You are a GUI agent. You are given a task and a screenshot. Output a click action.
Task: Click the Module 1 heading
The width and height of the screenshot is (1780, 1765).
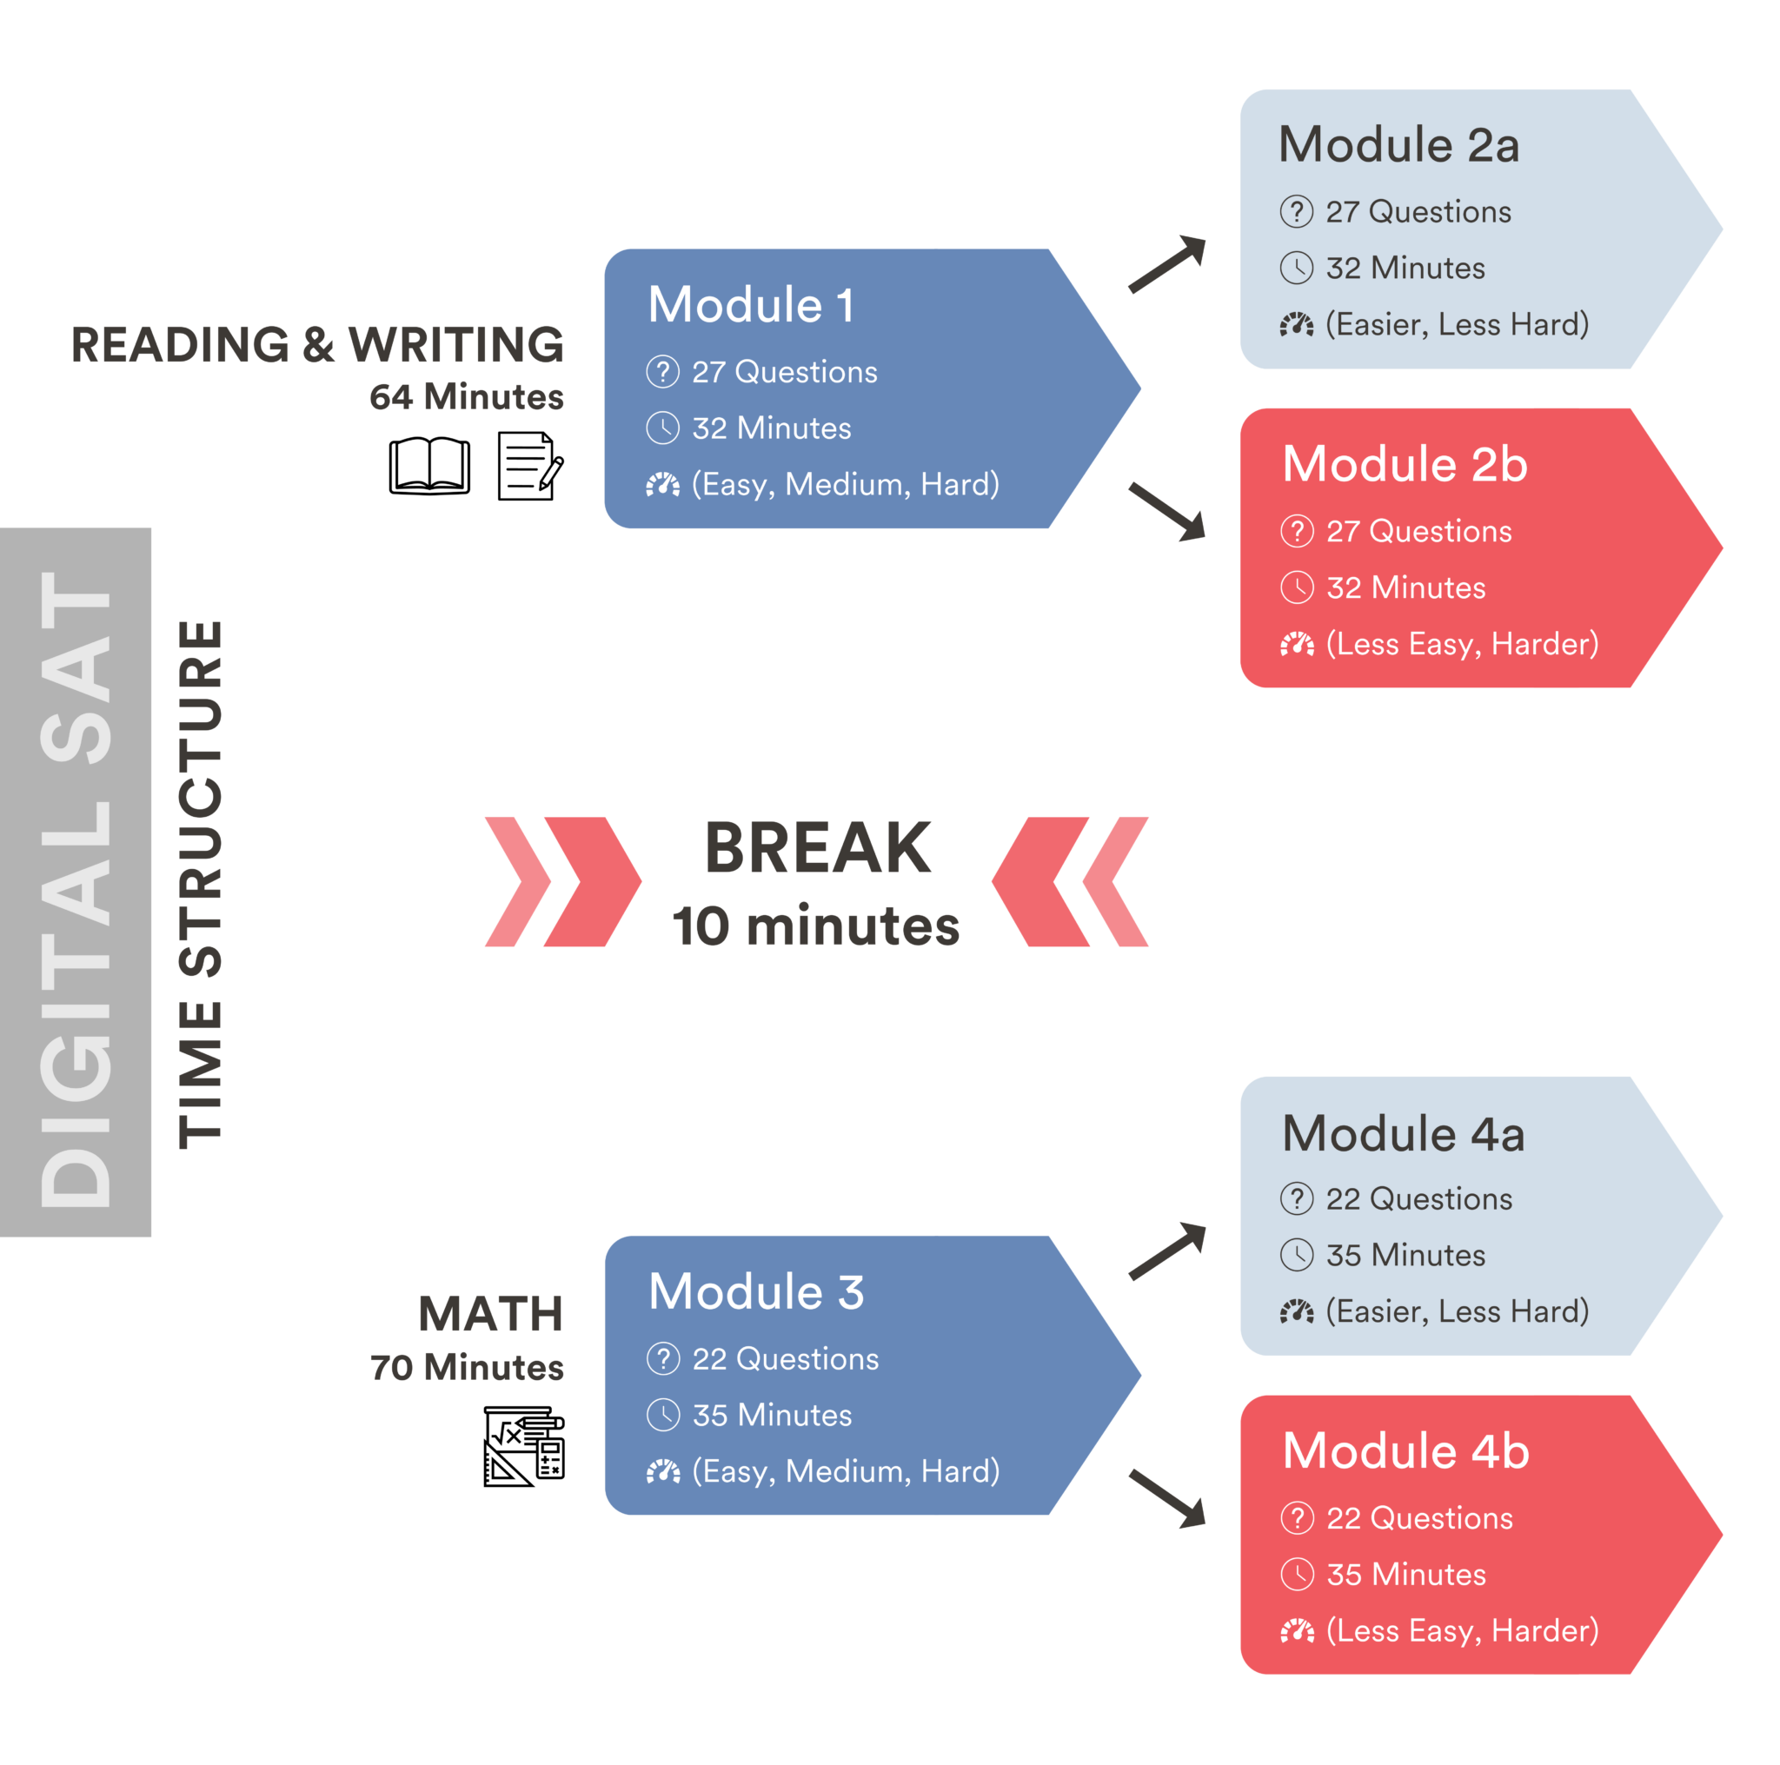point(751,305)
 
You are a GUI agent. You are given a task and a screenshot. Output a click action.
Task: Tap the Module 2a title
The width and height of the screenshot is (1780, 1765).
point(1398,145)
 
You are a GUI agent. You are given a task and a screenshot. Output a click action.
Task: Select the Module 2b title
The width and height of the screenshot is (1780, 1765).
point(1405,464)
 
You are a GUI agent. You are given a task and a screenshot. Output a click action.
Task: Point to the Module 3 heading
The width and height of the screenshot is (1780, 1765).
point(756,1291)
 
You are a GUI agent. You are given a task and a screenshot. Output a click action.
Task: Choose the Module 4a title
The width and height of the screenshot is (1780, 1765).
point(1403,1133)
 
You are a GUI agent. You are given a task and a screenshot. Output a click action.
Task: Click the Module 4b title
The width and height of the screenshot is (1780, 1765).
point(1406,1451)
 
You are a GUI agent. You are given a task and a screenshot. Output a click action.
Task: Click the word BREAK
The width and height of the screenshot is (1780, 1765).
point(817,848)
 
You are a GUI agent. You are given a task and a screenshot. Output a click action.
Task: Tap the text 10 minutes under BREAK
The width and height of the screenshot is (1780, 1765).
point(815,926)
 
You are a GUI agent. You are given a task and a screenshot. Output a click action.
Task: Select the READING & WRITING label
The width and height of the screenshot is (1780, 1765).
point(317,344)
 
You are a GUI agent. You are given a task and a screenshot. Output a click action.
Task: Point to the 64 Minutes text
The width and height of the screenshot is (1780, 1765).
point(466,397)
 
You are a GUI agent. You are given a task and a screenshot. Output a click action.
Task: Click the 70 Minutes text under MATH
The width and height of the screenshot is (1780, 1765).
point(466,1368)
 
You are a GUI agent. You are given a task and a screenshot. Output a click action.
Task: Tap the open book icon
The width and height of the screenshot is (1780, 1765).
point(429,466)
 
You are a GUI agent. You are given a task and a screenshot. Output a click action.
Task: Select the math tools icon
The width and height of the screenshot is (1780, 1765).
point(523,1446)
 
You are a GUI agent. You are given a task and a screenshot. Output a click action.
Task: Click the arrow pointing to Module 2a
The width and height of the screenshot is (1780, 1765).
point(1167,263)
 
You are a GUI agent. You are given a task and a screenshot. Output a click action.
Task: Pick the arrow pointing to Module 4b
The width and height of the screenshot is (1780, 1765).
point(1167,1498)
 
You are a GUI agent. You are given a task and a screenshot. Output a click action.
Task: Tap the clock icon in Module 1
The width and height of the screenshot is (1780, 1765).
point(662,428)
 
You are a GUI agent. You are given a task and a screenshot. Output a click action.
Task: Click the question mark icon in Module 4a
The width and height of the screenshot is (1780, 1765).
point(1296,1198)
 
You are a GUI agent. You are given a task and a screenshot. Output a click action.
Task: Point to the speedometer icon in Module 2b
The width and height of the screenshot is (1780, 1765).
point(1296,644)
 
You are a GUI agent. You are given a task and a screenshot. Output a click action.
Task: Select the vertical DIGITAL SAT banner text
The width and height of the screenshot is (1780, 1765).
point(76,889)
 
